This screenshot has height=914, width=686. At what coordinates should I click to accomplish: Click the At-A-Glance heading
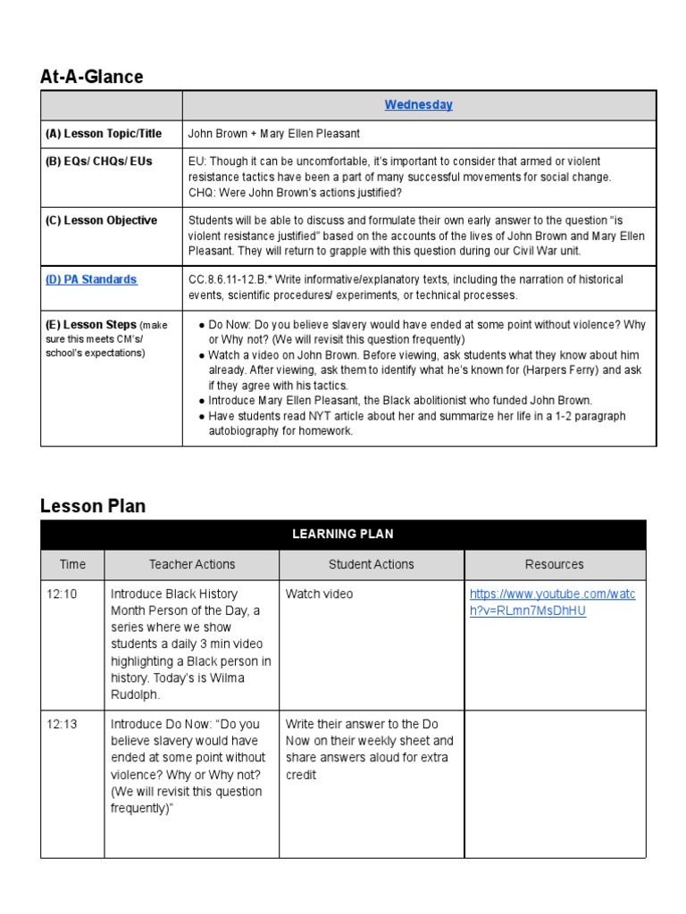91,77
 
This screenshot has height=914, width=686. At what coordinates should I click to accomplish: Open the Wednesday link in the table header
418,104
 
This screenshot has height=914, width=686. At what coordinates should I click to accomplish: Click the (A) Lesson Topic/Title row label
104,134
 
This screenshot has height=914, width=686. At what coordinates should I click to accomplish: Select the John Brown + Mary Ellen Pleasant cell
274,134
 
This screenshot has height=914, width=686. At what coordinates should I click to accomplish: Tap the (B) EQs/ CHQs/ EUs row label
100,162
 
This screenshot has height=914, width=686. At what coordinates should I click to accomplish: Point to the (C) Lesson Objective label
101,220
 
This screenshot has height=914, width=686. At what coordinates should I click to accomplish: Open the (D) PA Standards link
91,279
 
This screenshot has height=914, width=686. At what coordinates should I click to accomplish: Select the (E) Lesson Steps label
91,325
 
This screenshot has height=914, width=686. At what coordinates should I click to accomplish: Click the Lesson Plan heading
93,506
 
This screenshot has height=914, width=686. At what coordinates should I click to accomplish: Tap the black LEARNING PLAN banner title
342,534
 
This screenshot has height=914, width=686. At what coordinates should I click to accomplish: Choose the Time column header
72,564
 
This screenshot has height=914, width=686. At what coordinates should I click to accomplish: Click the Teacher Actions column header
192,564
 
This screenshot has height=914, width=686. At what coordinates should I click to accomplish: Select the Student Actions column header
372,564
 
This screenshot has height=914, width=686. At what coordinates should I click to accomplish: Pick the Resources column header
555,564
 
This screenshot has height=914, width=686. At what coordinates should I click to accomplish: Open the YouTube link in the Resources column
552,602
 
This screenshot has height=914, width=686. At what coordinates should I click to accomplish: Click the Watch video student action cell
319,594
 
